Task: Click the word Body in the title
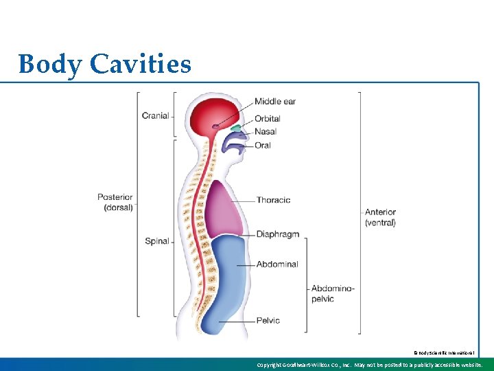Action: pyautogui.click(x=46, y=65)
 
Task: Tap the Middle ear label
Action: pyautogui.click(x=274, y=102)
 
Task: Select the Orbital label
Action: pyautogui.click(x=267, y=119)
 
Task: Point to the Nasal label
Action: pyautogui.click(x=265, y=131)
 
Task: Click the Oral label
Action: pyautogui.click(x=262, y=145)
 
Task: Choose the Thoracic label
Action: pyautogui.click(x=273, y=200)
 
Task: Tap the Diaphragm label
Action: pyautogui.click(x=277, y=234)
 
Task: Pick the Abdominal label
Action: pyautogui.click(x=277, y=264)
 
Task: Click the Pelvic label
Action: pyautogui.click(x=268, y=320)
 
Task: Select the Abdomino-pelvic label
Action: pyautogui.click(x=333, y=293)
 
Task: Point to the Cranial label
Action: pyautogui.click(x=155, y=115)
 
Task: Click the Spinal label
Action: pyautogui.click(x=157, y=241)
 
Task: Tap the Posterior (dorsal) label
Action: pyautogui.click(x=115, y=202)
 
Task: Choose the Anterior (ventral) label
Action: pyautogui.click(x=380, y=217)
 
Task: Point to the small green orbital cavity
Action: pyautogui.click(x=235, y=128)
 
